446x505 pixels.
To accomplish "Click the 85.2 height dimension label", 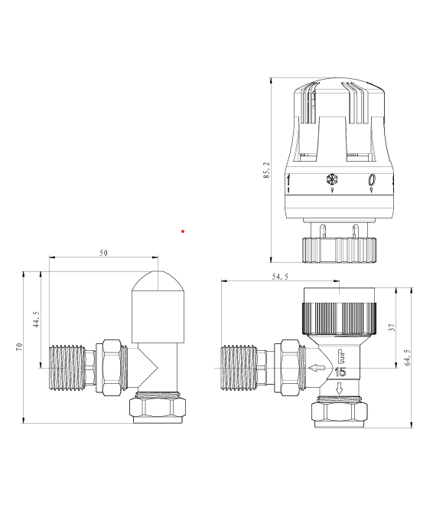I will (x=265, y=170).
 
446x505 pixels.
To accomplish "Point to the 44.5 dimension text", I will (x=35, y=317).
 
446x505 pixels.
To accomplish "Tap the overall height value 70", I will (x=18, y=346).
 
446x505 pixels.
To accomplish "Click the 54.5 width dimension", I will (x=279, y=277).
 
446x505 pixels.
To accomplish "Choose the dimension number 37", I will (x=392, y=327).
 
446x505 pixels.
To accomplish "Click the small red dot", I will (x=183, y=231).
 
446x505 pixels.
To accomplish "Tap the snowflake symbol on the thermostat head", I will (x=332, y=182).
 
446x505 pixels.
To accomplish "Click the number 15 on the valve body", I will (x=341, y=372).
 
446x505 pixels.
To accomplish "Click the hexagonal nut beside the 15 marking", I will (x=291, y=369).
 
